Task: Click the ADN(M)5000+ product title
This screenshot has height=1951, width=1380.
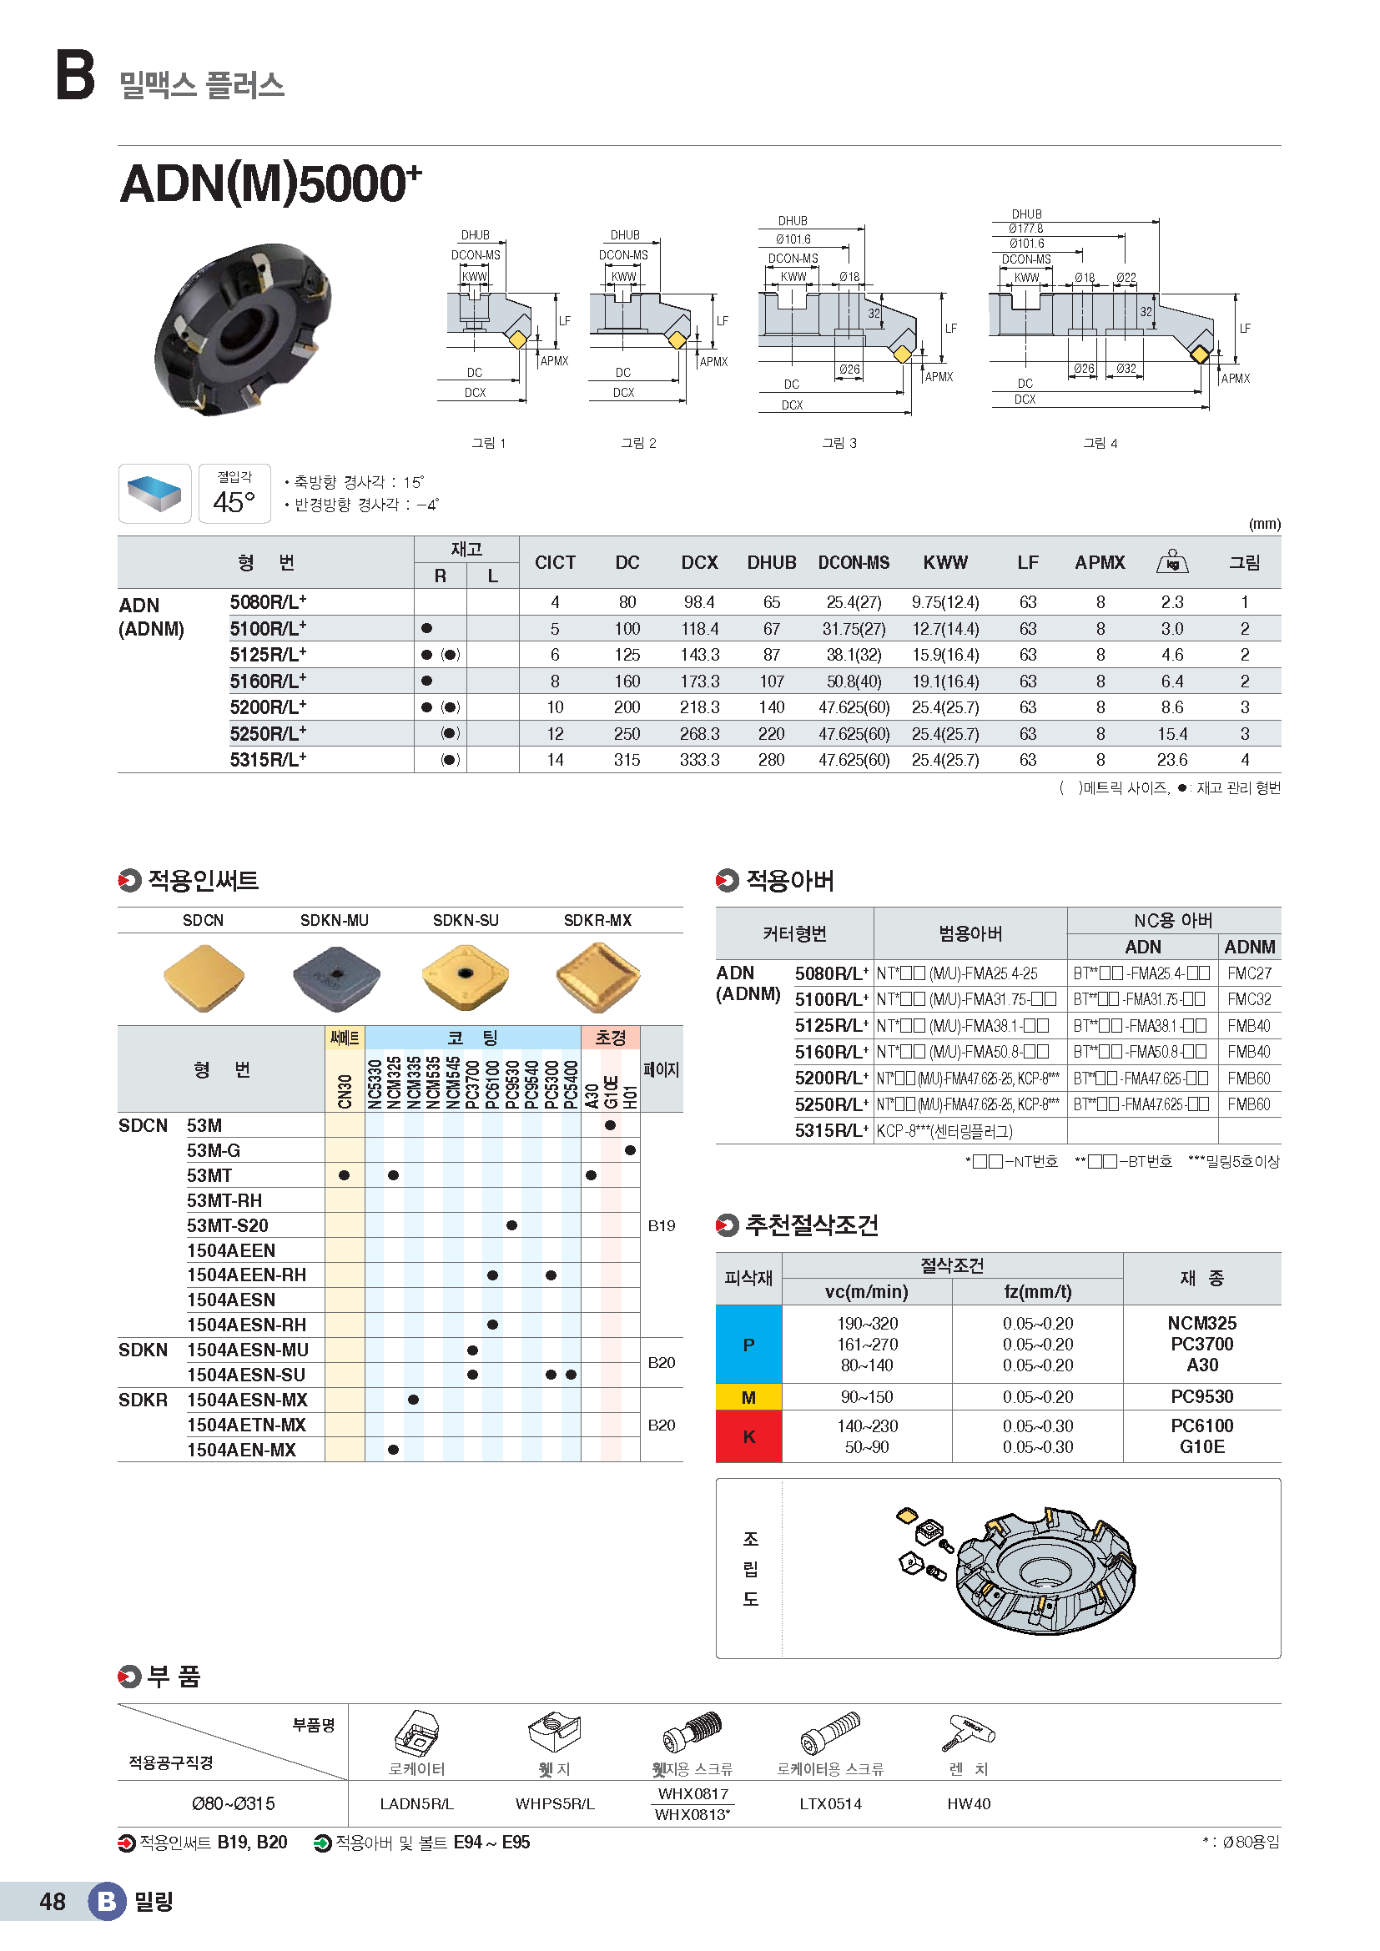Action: [270, 184]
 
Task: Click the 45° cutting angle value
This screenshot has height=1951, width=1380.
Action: [234, 502]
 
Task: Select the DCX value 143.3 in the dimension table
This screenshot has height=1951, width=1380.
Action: [699, 655]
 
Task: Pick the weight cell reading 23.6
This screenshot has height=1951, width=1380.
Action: [1171, 760]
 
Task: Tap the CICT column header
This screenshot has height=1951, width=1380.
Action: [555, 562]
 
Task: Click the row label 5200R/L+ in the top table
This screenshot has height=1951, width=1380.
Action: [268, 707]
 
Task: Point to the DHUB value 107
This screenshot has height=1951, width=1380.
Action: [771, 681]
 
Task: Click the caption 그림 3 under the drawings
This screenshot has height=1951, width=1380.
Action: [839, 443]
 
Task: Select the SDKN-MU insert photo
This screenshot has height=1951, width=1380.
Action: [335, 978]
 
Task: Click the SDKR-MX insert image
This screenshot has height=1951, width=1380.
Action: [597, 978]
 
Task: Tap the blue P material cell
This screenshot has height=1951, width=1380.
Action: [748, 1345]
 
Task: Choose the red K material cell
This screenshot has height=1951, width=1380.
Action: [748, 1436]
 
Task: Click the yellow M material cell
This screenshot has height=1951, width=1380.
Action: [748, 1397]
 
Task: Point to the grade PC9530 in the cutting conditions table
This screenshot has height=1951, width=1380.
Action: [1201, 1397]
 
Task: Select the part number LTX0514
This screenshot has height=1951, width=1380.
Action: [830, 1804]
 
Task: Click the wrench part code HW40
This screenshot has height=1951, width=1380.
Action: [969, 1804]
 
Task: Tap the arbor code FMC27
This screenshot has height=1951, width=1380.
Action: [1249, 973]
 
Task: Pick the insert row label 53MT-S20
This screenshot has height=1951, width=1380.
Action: [228, 1225]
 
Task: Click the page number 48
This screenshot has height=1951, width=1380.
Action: [53, 1902]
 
